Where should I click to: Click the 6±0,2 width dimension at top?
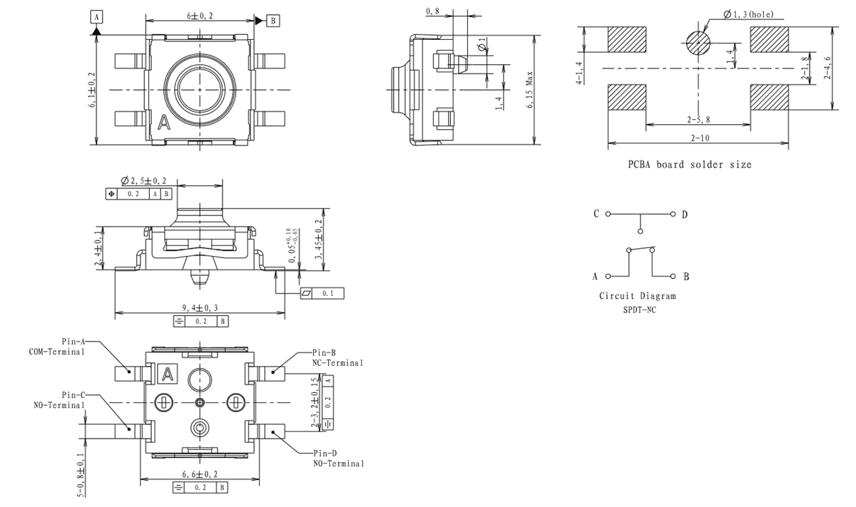[x=199, y=15]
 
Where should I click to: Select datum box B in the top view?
[x=272, y=21]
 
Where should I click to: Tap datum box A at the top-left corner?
[x=96, y=16]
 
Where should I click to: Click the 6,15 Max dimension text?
[x=529, y=88]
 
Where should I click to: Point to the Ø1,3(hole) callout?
[x=747, y=14]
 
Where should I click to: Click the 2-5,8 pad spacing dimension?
[x=698, y=119]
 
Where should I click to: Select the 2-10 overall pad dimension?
[x=698, y=138]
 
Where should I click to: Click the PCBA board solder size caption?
[x=689, y=164]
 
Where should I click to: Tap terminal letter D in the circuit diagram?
[x=684, y=214]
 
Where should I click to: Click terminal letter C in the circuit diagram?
[x=596, y=214]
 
